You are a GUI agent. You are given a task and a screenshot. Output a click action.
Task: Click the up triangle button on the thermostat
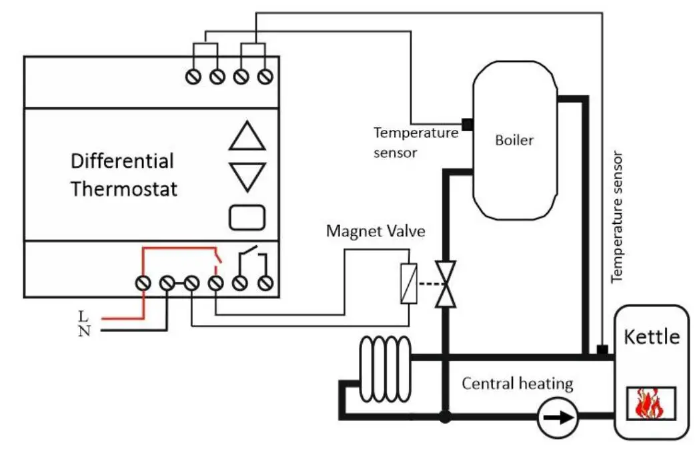(247, 138)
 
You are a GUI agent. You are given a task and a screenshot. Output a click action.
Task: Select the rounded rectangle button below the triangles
(247, 217)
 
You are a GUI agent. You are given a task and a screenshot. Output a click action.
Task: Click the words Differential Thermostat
(124, 175)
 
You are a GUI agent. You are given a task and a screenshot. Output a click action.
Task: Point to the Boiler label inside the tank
(514, 141)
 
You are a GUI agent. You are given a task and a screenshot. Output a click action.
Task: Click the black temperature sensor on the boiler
(467, 124)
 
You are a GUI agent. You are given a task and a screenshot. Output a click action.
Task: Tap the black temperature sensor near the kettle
(602, 350)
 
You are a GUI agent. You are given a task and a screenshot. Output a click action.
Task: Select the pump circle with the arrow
(558, 418)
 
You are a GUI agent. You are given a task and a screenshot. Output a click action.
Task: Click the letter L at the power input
(83, 315)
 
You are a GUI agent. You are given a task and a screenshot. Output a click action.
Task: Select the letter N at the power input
(83, 331)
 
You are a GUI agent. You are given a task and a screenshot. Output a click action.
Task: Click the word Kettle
(651, 336)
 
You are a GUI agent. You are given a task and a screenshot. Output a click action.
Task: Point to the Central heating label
(517, 384)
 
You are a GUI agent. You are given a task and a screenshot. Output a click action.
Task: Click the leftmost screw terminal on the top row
(194, 77)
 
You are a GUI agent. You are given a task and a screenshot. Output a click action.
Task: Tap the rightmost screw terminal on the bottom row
(265, 284)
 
